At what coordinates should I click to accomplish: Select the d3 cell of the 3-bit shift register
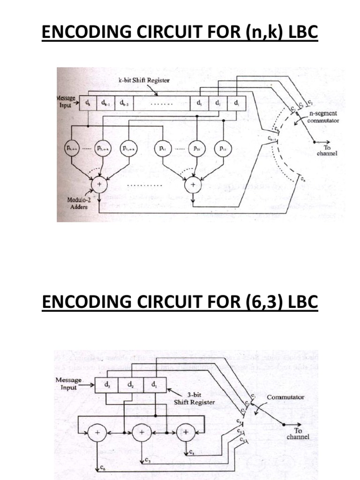point(108,386)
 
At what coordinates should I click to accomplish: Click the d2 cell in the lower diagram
point(132,386)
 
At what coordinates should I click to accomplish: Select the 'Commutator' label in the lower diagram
point(285,397)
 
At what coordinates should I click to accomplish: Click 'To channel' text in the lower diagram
point(298,433)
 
